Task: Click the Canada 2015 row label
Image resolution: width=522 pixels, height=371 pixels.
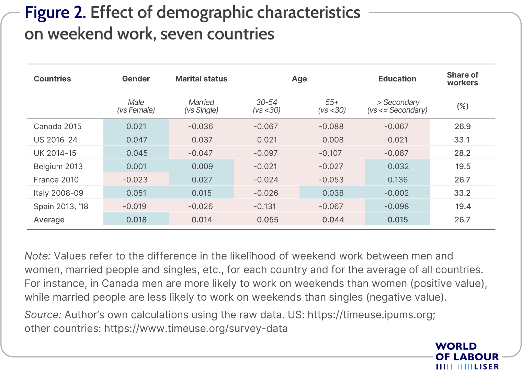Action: (x=57, y=126)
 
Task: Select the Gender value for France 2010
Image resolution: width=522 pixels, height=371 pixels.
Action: (x=135, y=179)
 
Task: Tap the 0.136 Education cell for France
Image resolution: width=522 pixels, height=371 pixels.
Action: (x=398, y=179)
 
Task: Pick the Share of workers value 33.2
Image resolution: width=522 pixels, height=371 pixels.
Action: (x=462, y=193)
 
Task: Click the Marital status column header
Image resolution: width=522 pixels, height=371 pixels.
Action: (x=201, y=79)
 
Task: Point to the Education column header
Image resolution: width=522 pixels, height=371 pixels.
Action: (x=397, y=79)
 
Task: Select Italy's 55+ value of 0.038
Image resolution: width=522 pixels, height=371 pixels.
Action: (x=333, y=193)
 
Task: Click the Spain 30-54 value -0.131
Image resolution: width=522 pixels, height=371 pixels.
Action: (x=265, y=206)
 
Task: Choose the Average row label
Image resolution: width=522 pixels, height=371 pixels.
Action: (x=49, y=220)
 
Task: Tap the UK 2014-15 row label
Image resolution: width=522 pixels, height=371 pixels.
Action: (x=55, y=153)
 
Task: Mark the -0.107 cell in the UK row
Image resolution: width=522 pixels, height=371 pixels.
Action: (x=330, y=153)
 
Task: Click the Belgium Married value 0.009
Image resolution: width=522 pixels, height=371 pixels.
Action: (x=202, y=166)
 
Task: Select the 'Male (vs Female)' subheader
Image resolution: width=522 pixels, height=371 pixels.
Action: (x=136, y=106)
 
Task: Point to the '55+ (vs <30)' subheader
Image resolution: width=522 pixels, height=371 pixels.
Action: (x=332, y=106)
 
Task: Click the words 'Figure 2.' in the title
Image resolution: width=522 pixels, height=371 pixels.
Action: (x=55, y=12)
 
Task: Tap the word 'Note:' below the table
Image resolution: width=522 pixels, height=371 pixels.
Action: (x=38, y=256)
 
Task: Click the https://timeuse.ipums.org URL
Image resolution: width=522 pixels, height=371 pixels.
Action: (x=372, y=315)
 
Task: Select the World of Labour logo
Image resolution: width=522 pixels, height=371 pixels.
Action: (x=467, y=356)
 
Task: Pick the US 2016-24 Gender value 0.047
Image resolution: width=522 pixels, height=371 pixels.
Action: (x=137, y=139)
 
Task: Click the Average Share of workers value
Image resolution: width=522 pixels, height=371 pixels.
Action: (x=462, y=220)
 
